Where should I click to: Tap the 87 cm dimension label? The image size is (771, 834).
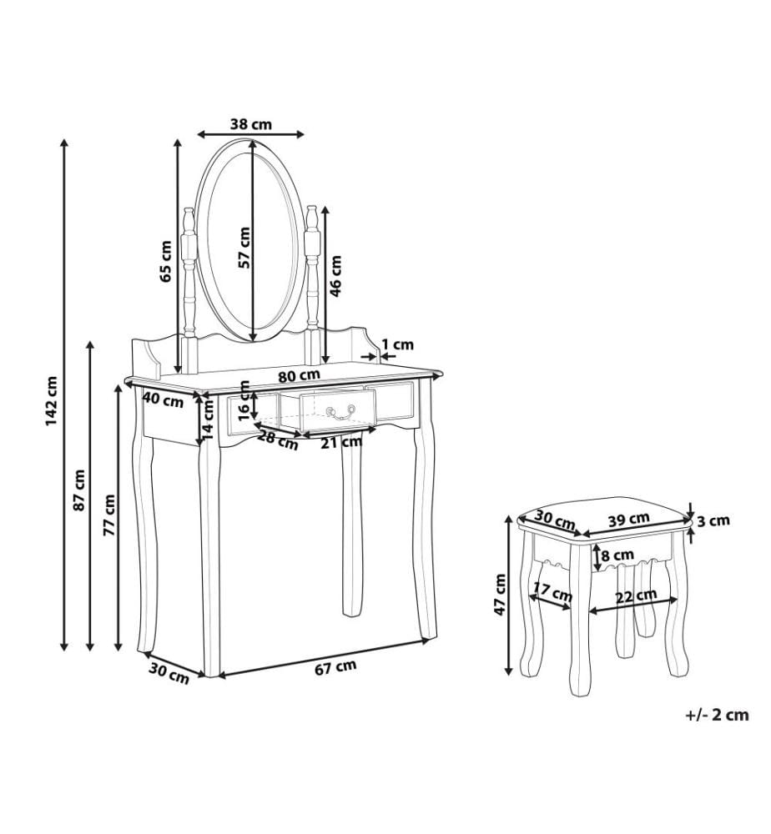click(x=79, y=490)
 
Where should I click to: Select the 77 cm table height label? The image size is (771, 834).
click(x=109, y=515)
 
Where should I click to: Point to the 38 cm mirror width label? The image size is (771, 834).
click(x=250, y=124)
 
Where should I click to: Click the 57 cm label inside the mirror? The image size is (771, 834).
click(x=244, y=248)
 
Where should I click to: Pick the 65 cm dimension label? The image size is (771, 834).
click(x=166, y=261)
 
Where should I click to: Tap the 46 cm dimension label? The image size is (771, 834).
click(x=335, y=276)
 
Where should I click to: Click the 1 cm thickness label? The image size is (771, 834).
click(x=397, y=344)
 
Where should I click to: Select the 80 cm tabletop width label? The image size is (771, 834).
click(x=299, y=375)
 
